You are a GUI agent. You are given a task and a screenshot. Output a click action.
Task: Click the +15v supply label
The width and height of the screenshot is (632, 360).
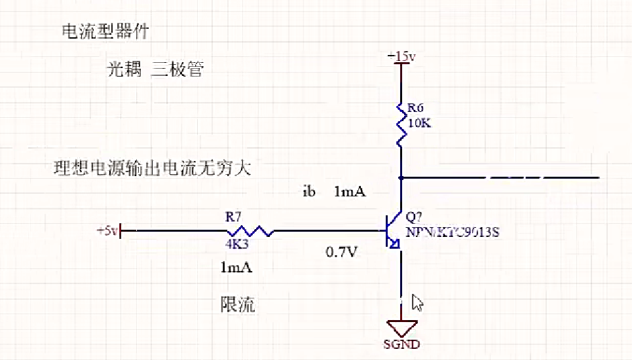click(401, 57)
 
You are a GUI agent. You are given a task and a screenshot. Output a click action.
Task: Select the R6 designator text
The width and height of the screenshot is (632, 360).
click(416, 107)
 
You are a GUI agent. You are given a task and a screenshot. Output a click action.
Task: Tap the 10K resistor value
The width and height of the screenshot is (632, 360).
click(418, 123)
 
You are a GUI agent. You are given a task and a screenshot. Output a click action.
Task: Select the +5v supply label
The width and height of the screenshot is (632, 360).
click(107, 230)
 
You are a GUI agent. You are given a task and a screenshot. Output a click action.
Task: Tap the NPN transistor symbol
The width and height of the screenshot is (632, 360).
click(393, 231)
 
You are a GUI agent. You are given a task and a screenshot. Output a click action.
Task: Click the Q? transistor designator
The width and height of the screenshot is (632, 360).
click(415, 217)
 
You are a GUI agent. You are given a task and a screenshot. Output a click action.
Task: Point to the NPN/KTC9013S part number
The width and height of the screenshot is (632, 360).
click(453, 232)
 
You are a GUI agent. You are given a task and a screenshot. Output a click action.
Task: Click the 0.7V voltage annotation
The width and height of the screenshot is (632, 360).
click(342, 251)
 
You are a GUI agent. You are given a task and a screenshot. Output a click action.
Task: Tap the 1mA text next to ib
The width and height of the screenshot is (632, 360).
click(349, 192)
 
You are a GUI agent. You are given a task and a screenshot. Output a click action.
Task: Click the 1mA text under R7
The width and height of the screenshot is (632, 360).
click(236, 268)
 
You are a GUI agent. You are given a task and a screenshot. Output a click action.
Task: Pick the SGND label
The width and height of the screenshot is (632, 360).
click(401, 344)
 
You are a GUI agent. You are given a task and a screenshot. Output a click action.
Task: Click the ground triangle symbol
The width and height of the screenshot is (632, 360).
click(400, 327)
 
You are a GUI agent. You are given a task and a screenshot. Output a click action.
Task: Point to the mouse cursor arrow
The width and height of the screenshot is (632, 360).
click(417, 302)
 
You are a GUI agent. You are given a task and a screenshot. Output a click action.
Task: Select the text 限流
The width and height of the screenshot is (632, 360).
click(237, 304)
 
